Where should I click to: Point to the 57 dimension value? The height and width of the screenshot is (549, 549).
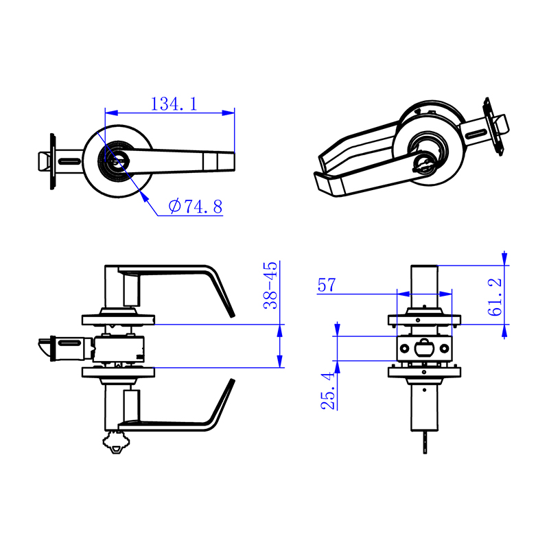326,285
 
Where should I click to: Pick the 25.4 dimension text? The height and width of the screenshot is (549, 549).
329,391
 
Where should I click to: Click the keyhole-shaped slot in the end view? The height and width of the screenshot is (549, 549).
425,346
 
